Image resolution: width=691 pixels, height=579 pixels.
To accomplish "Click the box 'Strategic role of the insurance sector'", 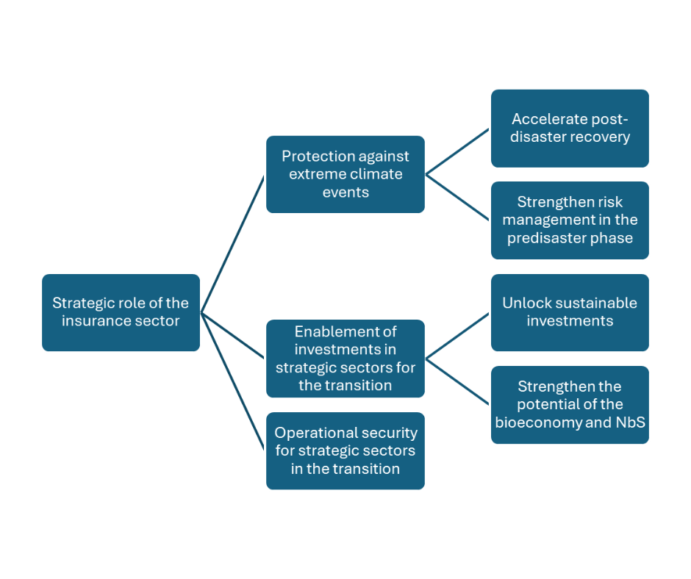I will [121, 312].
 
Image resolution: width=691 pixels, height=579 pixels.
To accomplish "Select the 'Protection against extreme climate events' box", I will [345, 174].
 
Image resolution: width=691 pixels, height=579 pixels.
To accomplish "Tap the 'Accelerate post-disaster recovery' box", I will [570, 128].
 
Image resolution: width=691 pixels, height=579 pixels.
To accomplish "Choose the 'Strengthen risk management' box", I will [570, 220].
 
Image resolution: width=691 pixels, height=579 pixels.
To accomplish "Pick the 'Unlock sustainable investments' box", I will [570, 312].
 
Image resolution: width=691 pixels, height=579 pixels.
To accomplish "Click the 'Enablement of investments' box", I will [345, 359].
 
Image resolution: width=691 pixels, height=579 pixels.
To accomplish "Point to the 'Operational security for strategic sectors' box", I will [345, 450].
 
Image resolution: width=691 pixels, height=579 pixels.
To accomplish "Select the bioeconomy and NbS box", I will [570, 404].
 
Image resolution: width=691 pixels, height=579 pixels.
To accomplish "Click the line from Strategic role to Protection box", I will [232, 244].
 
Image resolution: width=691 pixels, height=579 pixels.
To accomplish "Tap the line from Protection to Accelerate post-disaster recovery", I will [457, 151].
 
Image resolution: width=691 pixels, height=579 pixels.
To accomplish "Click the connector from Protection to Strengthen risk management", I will [457, 197].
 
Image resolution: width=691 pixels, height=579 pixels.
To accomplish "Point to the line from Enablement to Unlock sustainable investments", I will [457, 336].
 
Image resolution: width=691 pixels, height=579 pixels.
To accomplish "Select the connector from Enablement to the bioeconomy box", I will [457, 381].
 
